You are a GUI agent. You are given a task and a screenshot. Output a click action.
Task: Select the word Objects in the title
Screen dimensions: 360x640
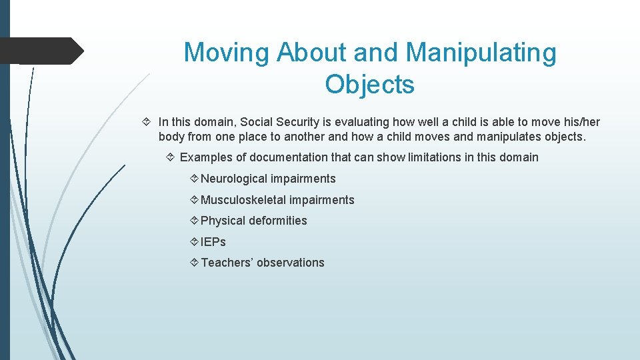[370, 85]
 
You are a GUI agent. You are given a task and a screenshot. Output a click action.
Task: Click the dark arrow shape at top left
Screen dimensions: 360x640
[41, 51]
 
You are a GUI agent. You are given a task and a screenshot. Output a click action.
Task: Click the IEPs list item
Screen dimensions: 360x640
[213, 242]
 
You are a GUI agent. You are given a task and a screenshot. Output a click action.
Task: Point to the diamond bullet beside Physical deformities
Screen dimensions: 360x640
[194, 221]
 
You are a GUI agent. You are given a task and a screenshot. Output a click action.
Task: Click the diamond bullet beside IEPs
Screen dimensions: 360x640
[194, 242]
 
